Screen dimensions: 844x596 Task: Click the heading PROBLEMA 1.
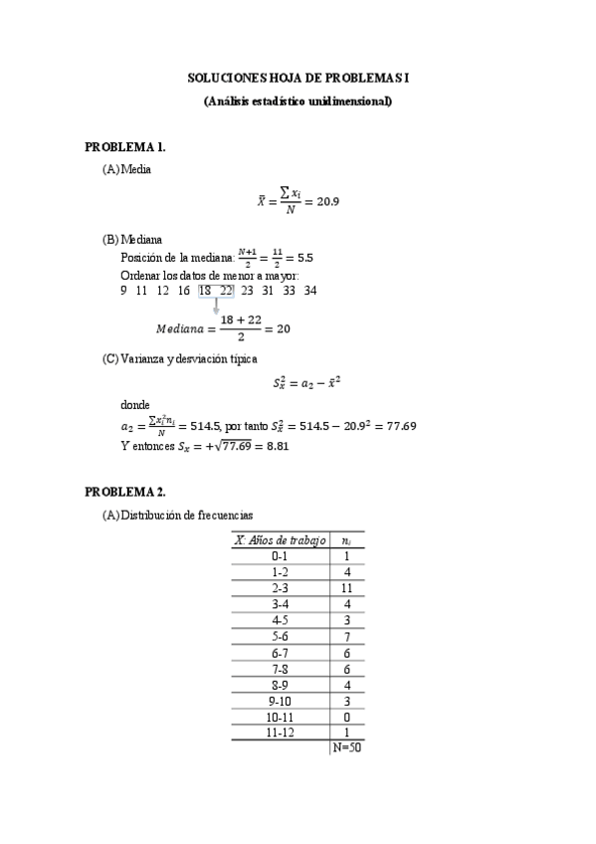click(125, 146)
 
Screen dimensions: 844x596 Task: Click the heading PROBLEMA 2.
click(125, 492)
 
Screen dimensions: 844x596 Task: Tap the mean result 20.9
click(328, 202)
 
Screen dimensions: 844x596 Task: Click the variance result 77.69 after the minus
click(396, 426)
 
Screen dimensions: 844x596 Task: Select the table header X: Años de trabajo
click(281, 539)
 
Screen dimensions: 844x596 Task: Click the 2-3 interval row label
click(281, 588)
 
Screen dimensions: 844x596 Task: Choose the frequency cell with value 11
click(346, 588)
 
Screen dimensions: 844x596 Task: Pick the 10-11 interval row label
click(281, 717)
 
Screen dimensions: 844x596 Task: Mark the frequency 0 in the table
click(346, 717)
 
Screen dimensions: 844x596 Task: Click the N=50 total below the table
click(347, 747)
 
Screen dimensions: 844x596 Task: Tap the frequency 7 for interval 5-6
click(346, 636)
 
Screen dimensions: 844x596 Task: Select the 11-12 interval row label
click(281, 733)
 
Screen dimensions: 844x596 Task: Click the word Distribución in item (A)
click(151, 515)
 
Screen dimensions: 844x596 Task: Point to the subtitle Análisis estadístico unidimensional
click(298, 101)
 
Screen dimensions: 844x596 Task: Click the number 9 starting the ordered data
click(123, 291)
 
